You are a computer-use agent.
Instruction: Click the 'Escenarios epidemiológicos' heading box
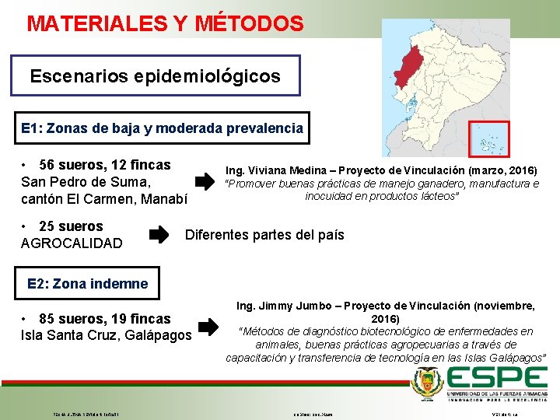coord(155,77)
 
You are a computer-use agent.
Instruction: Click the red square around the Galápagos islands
coord(488,139)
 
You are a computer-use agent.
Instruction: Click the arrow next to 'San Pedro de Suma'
coord(204,183)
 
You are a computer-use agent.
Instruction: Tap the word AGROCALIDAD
coord(72,243)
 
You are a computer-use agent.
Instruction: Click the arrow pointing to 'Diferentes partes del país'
coord(157,234)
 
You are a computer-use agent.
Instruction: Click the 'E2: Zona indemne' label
coord(87,284)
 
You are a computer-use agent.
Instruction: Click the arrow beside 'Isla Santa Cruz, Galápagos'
coord(208,326)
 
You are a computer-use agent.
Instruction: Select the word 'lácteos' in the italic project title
coord(438,197)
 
